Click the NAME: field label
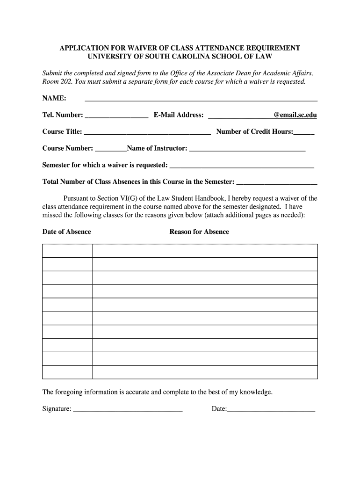click(x=54, y=98)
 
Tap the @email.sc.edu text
click(x=295, y=115)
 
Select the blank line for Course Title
click(x=147, y=132)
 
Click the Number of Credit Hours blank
click(x=304, y=132)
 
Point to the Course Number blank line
click(x=110, y=149)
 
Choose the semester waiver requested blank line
click(x=241, y=166)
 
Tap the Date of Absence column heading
click(x=66, y=232)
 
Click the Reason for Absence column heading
click(x=199, y=232)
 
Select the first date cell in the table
click(x=67, y=251)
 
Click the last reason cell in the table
click(x=205, y=372)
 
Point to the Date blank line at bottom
click(x=271, y=410)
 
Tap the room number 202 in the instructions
click(x=65, y=81)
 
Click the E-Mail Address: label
click(x=178, y=115)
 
